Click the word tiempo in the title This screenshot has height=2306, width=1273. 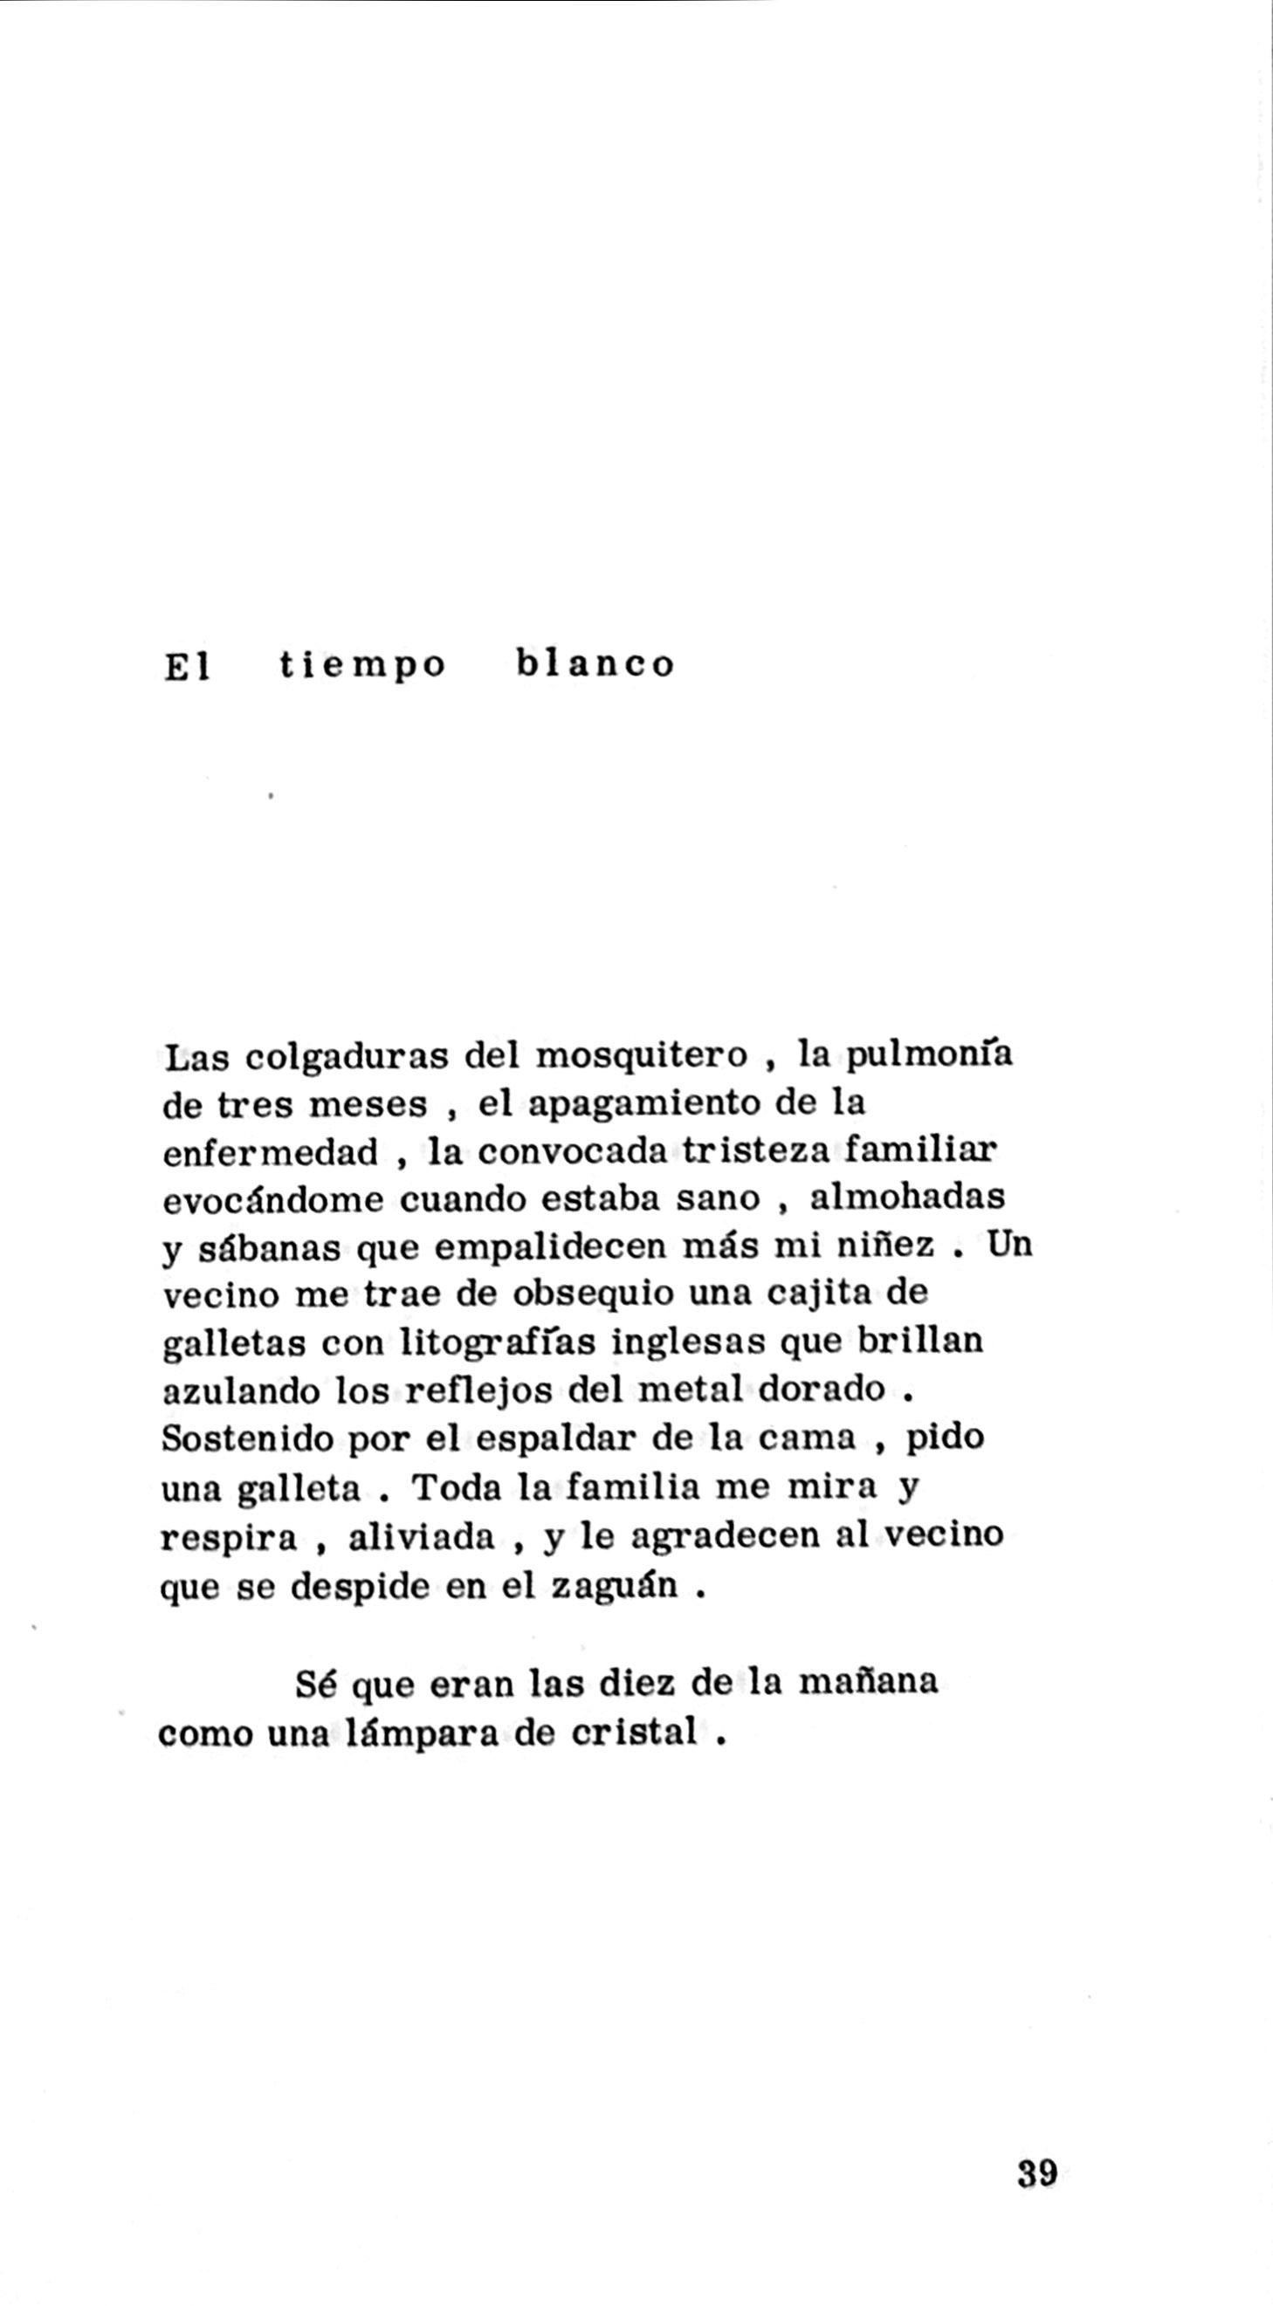pos(361,667)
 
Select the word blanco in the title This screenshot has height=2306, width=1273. pos(595,665)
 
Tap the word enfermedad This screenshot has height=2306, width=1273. pos(271,1154)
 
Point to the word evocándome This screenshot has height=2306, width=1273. pos(275,1201)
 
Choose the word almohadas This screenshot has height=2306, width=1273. pos(907,1199)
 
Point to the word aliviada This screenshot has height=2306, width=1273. pos(421,1537)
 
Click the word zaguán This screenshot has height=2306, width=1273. pos(613,1585)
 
